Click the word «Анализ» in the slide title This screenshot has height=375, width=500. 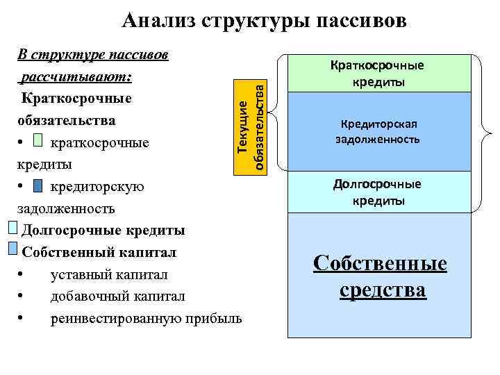[x=157, y=21]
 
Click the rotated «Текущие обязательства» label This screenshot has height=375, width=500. [x=250, y=126]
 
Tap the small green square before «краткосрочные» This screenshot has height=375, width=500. [x=38, y=142]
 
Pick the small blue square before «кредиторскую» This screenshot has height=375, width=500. [x=38, y=186]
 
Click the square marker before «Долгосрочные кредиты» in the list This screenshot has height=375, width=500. [x=13, y=228]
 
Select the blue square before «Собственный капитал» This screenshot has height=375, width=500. [x=13, y=250]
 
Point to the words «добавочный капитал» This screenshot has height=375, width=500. [x=117, y=296]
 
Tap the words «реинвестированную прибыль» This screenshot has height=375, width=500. [x=146, y=318]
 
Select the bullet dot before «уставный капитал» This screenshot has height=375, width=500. [x=24, y=274]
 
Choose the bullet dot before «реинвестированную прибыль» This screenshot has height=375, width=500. [x=24, y=319]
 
